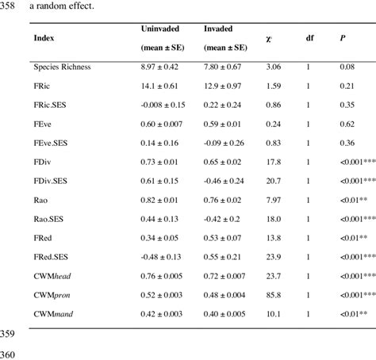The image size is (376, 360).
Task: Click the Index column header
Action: tap(44, 37)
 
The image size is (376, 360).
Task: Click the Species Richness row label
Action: tap(62, 67)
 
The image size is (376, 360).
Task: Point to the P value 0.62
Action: tap(347, 123)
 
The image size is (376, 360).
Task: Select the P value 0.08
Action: tap(347, 67)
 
